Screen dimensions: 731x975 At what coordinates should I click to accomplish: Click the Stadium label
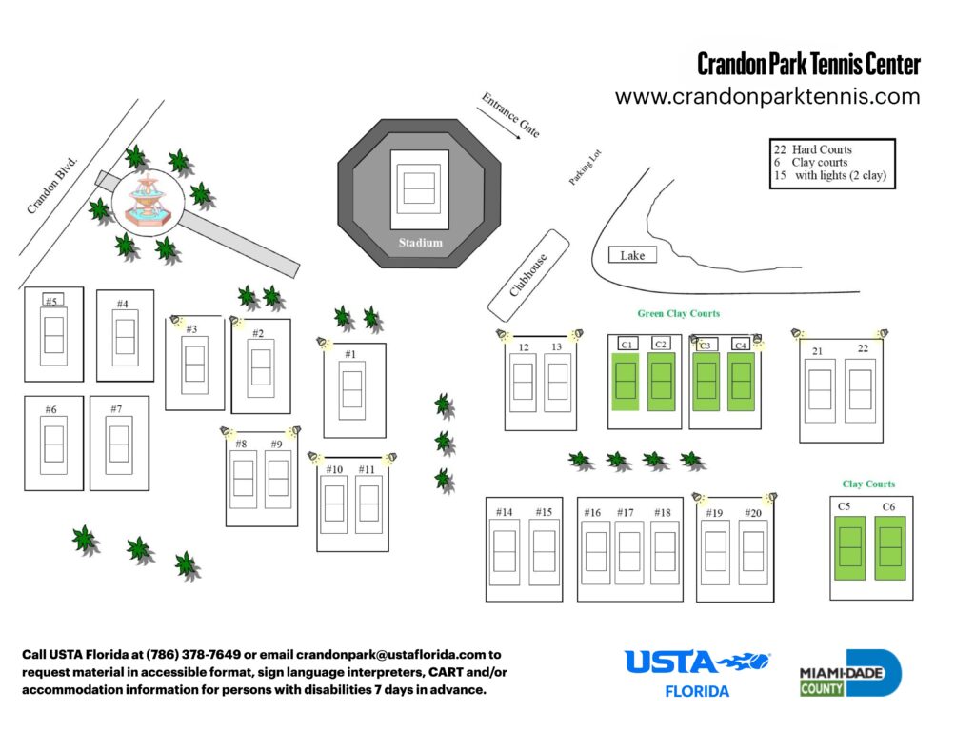pyautogui.click(x=420, y=242)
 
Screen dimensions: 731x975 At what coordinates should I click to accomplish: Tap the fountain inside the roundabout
pyautogui.click(x=146, y=201)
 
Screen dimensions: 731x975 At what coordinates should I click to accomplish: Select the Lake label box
pyautogui.click(x=632, y=255)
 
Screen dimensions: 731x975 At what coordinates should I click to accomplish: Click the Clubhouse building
pyautogui.click(x=528, y=274)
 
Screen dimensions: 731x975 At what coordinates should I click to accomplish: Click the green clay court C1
pyautogui.click(x=626, y=381)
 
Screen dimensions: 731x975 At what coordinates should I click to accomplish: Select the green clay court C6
pyautogui.click(x=889, y=548)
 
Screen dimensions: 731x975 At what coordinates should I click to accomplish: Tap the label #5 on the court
pyautogui.click(x=52, y=301)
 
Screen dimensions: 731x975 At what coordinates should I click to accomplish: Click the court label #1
pyautogui.click(x=350, y=354)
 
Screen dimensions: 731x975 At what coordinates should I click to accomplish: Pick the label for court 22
pyautogui.click(x=863, y=348)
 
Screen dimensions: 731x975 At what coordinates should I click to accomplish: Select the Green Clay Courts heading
pyautogui.click(x=679, y=313)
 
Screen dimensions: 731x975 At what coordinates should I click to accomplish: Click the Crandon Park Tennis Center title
pyautogui.click(x=808, y=65)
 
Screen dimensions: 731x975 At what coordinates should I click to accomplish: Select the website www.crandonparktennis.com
pyautogui.click(x=767, y=96)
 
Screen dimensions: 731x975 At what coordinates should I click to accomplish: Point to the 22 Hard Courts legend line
pyautogui.click(x=813, y=149)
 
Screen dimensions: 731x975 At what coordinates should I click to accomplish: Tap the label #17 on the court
pyautogui.click(x=625, y=513)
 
